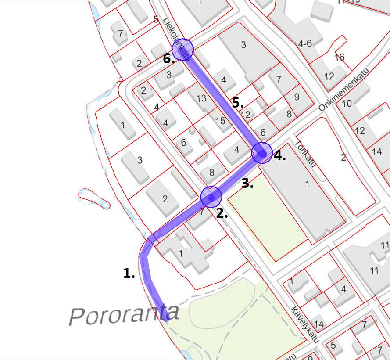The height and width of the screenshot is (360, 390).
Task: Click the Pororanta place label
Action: (125, 314)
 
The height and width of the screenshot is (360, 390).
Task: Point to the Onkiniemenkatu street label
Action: (344, 89)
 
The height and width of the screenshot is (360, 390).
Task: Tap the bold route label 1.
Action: (129, 274)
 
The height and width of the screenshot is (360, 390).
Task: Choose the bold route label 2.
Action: (222, 214)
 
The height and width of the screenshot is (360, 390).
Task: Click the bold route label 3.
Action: (248, 184)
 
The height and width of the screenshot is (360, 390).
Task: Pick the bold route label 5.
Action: (238, 104)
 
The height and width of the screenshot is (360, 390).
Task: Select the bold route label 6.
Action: (169, 59)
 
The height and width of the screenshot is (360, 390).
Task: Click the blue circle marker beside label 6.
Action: (182, 49)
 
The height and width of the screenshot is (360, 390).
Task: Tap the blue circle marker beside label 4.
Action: (263, 153)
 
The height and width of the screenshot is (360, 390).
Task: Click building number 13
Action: (201, 98)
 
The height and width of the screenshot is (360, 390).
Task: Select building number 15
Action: (220, 120)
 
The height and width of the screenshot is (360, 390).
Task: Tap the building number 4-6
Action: (304, 44)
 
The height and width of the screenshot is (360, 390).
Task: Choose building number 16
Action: (339, 57)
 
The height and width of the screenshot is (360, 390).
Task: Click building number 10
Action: (347, 104)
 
